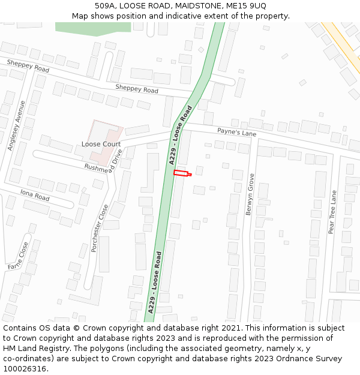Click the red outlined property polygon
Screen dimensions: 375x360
pos(181,173)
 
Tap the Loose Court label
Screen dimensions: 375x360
pos(101,144)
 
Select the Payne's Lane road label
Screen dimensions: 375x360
pos(236,131)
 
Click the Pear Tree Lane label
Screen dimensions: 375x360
pos(332,212)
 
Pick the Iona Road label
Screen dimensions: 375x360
pos(34,196)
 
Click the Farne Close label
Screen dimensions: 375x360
pos(17,256)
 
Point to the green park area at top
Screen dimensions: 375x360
pos(93,27)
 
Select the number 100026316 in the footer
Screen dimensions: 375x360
pos(25,369)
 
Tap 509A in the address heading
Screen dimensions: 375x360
pos(104,5)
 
